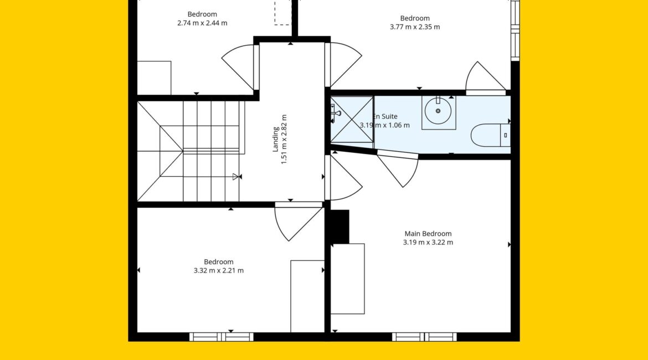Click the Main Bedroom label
click(x=428, y=234)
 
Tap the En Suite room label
click(x=385, y=116)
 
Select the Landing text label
click(x=275, y=139)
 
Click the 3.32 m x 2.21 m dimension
click(x=219, y=271)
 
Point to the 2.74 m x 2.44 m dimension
click(x=202, y=23)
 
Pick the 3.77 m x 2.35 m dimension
click(x=415, y=27)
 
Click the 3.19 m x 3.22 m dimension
click(x=428, y=243)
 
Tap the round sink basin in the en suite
click(x=438, y=110)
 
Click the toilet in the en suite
click(x=491, y=135)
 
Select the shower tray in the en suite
click(x=352, y=120)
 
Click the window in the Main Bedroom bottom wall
click(x=424, y=337)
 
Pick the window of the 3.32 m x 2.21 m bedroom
click(x=222, y=337)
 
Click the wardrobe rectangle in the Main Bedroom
click(x=348, y=279)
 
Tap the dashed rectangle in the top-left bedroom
click(x=282, y=12)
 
